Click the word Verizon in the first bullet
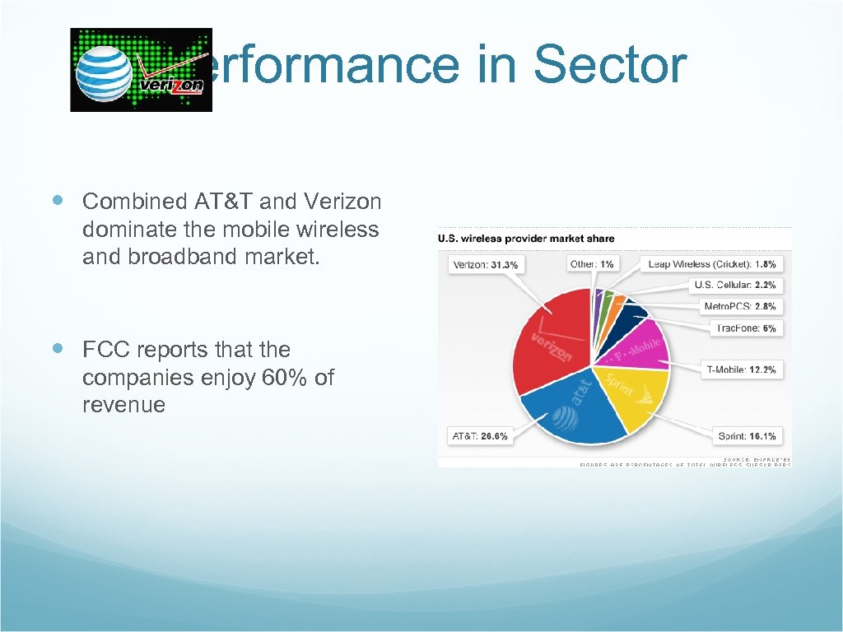click(x=342, y=201)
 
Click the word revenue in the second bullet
click(x=123, y=405)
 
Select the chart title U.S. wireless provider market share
click(x=526, y=239)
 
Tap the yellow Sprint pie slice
click(x=631, y=394)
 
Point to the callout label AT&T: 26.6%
click(x=480, y=435)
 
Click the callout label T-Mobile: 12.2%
click(x=741, y=369)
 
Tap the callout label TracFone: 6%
click(x=745, y=328)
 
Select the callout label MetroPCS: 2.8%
click(x=739, y=306)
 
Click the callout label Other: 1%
click(x=590, y=264)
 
